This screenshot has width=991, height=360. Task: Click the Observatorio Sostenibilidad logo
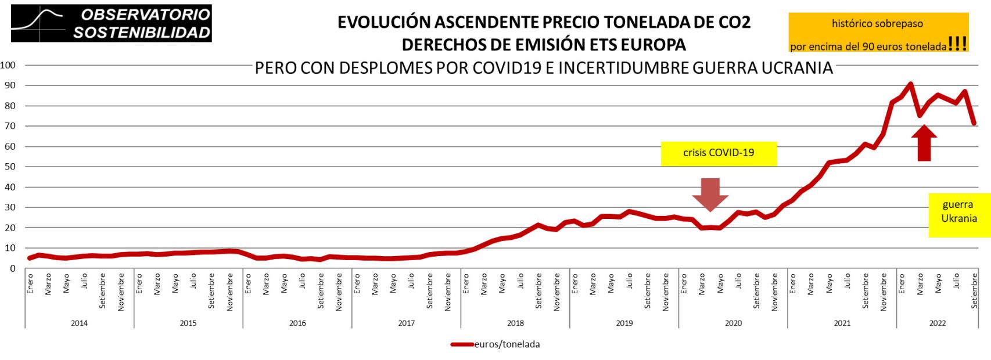point(112,23)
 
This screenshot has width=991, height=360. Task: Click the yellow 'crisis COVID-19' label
point(718,153)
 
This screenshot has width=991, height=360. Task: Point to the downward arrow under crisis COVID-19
point(710,194)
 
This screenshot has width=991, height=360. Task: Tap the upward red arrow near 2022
point(924,143)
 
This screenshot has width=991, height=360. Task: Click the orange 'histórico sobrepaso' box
point(877,34)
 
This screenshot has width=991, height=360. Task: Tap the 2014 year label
point(79,323)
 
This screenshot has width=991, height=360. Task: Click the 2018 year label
point(515,323)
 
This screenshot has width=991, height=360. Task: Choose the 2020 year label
point(733,323)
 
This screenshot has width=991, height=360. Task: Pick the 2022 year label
point(937,323)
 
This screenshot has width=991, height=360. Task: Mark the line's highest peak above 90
point(910,84)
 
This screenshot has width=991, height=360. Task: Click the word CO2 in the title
point(734,22)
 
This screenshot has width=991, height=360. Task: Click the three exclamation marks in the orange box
point(957,45)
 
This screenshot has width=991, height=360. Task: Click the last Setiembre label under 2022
point(974,290)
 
